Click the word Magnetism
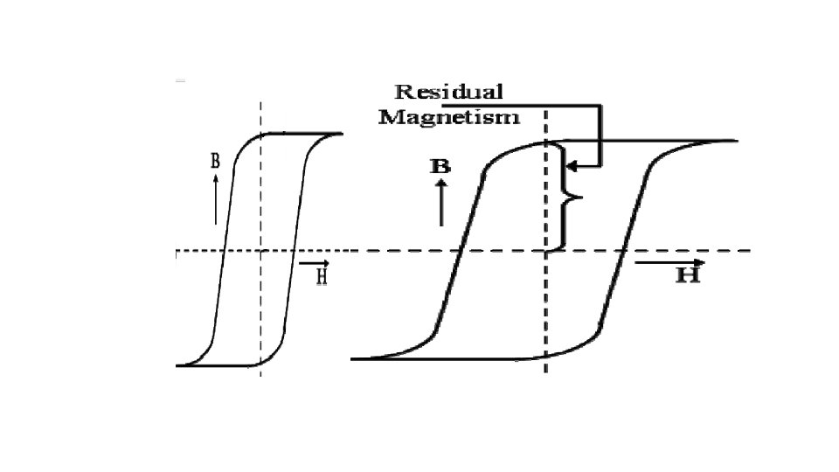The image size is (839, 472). click(x=449, y=116)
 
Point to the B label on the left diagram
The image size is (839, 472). click(x=215, y=161)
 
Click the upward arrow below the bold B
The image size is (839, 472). click(x=440, y=203)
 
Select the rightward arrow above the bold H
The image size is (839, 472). click(x=669, y=261)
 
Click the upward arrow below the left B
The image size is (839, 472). click(x=215, y=198)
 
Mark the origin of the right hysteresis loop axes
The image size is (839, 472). click(x=546, y=251)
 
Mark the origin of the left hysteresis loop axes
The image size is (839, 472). click(x=260, y=251)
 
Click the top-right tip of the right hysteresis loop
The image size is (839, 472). click(x=736, y=141)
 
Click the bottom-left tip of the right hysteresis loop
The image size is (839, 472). click(x=352, y=358)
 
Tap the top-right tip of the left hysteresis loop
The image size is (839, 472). click(x=341, y=134)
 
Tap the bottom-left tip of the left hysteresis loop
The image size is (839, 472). click(x=177, y=365)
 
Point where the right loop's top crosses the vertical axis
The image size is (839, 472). click(x=546, y=142)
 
